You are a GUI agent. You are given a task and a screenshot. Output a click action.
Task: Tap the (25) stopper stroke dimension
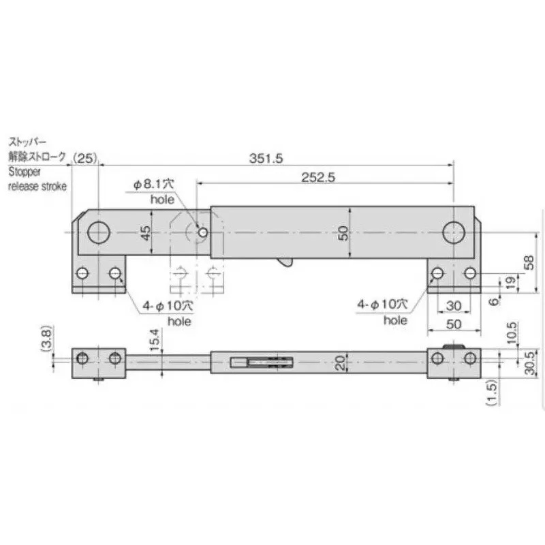click(86, 157)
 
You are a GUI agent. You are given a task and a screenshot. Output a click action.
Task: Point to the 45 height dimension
click(145, 233)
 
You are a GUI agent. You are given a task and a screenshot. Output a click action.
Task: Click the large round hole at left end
click(99, 232)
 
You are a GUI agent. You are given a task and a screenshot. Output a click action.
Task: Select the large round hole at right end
click(452, 232)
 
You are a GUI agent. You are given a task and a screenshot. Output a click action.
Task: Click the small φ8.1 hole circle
click(202, 233)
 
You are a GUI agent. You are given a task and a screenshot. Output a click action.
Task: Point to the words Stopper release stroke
click(37, 180)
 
